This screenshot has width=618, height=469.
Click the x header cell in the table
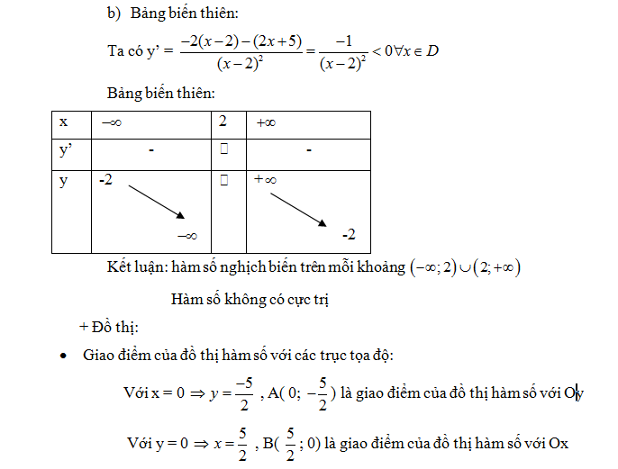(63, 122)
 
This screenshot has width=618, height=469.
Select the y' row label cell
(65, 151)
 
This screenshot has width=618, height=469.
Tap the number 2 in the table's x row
(223, 122)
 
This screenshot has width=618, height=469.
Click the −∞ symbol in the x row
(113, 122)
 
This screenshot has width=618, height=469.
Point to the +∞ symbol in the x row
(266, 122)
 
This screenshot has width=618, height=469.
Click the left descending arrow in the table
(156, 201)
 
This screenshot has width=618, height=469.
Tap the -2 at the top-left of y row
(106, 180)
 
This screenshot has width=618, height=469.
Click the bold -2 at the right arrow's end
(350, 236)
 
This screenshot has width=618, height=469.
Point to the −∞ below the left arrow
(186, 236)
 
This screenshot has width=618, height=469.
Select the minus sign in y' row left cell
(153, 151)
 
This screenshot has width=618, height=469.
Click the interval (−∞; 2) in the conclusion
(436, 266)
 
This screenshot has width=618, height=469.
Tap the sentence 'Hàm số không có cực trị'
(250, 298)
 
